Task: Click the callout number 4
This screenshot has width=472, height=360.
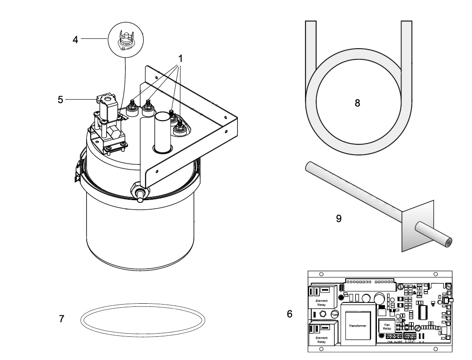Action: pos(75,39)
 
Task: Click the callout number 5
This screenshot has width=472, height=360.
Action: pos(60,99)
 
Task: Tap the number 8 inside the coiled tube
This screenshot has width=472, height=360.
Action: pos(357,102)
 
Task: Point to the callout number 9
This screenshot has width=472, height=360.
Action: pos(339,219)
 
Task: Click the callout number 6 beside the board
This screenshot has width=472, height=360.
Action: pos(289,314)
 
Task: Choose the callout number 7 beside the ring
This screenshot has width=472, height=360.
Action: pos(62,319)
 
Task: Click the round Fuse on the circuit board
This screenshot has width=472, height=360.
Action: pos(335,315)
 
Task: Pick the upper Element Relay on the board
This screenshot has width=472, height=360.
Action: pos(321,302)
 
